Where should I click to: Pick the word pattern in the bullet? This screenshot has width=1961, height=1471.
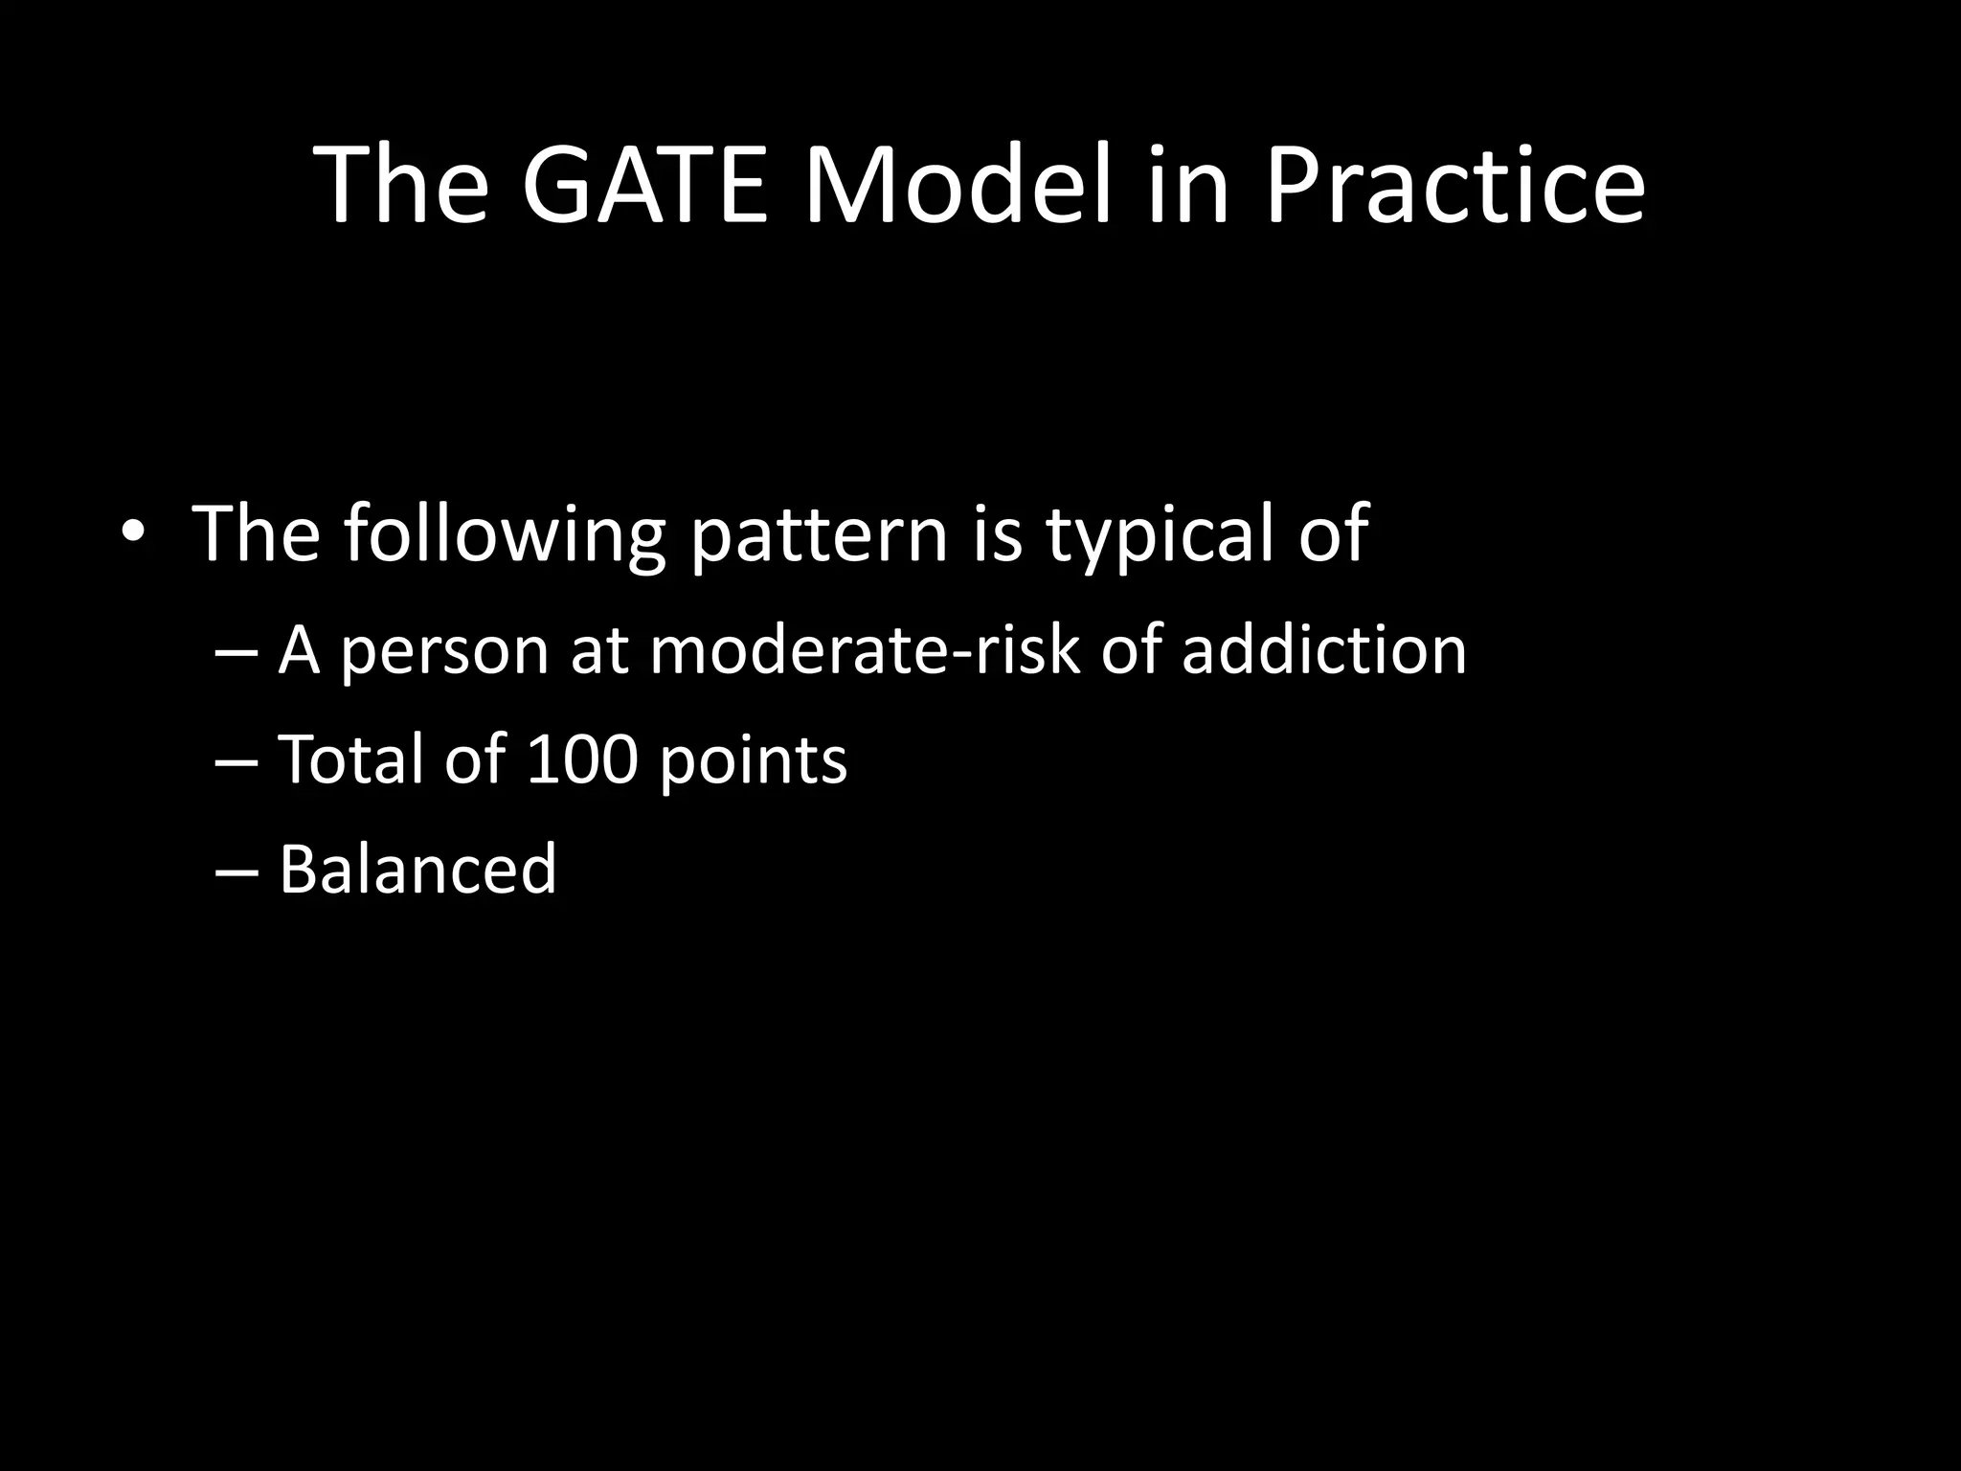pyautogui.click(x=819, y=536)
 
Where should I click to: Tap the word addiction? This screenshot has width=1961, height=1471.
pyautogui.click(x=1323, y=651)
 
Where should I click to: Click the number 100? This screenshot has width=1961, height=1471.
pyautogui.click(x=582, y=760)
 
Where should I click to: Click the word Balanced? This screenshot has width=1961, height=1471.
pyautogui.click(x=417, y=870)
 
